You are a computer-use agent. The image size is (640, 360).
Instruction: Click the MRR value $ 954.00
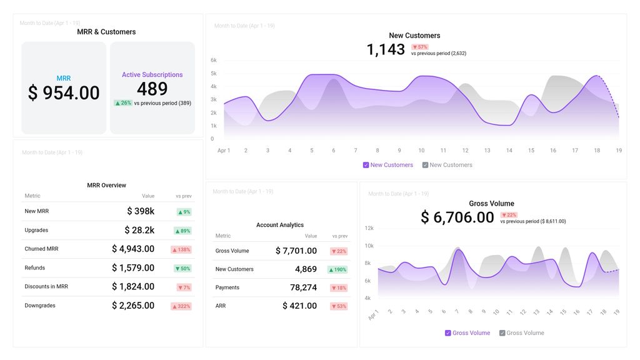tap(64, 93)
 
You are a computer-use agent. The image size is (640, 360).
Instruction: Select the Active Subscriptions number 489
tap(152, 89)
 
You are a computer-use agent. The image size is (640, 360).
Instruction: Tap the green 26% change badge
tap(123, 103)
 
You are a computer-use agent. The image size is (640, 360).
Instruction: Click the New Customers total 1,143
tap(386, 50)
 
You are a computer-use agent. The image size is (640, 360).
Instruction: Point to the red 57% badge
tap(419, 47)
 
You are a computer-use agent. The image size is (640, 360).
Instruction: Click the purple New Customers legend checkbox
tap(366, 165)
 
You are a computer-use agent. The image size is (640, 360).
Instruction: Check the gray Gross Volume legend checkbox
tap(502, 333)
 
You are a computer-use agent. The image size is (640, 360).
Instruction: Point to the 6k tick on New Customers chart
tap(214, 61)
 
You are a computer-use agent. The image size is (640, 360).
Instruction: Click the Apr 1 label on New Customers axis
tap(224, 151)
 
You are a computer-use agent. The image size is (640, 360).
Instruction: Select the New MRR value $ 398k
tap(141, 211)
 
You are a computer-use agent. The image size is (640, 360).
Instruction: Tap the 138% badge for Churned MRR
tap(181, 249)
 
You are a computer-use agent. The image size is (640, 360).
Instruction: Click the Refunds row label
tap(35, 267)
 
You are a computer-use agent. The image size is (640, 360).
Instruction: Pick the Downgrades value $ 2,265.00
tap(133, 306)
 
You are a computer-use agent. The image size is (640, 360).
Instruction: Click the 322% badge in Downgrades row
tap(181, 306)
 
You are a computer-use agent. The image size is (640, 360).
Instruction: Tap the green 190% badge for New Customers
tap(337, 269)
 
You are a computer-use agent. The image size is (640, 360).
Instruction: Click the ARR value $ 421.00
tap(299, 306)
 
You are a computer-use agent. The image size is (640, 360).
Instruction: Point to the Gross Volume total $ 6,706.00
tap(457, 217)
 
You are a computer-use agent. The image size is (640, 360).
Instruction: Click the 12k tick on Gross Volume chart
tap(369, 228)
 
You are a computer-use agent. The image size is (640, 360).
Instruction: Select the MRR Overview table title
tap(106, 185)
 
